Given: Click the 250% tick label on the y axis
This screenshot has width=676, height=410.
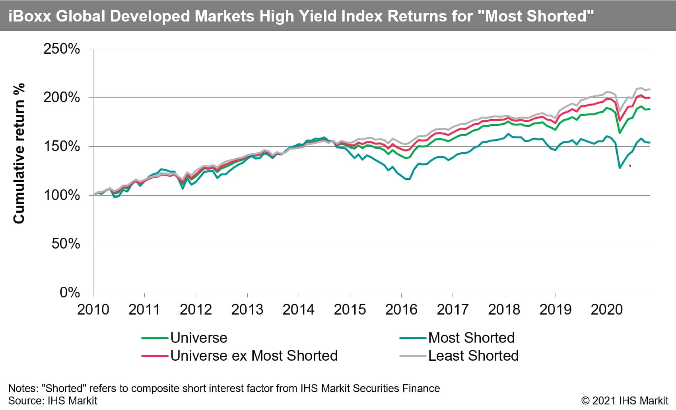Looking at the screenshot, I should [x=62, y=49].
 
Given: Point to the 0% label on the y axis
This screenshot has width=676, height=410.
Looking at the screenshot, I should [x=70, y=293].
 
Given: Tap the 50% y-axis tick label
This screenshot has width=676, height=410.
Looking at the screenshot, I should [x=66, y=244].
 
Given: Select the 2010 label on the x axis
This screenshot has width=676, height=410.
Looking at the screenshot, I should [x=93, y=310].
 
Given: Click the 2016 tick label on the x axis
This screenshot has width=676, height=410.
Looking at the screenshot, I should [x=401, y=310].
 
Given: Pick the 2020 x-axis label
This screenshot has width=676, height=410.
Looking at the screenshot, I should [x=606, y=310].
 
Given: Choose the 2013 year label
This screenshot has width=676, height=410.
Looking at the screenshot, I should [x=247, y=310].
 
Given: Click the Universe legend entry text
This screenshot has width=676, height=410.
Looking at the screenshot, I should [x=199, y=338].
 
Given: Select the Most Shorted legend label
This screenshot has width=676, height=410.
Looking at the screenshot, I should [x=471, y=338].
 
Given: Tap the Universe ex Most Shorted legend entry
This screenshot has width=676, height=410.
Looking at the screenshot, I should [x=254, y=356].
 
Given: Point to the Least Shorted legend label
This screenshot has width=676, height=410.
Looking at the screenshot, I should [x=473, y=356].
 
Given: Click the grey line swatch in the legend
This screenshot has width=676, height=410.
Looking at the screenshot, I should [x=413, y=356].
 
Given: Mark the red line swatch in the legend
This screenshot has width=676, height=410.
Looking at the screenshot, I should [x=155, y=356].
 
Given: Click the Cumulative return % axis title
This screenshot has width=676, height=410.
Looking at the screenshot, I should [x=19, y=154].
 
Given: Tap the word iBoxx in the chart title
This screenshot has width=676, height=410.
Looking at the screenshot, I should [x=29, y=16].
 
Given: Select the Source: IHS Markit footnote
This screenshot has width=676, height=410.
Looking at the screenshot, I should [x=52, y=400].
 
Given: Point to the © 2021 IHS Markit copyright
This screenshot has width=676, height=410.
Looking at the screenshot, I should [x=625, y=400].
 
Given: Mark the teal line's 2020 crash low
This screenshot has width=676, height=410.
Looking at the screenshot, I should [x=620, y=168].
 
